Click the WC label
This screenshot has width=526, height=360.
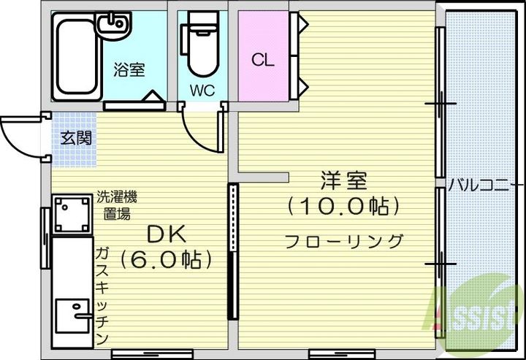tap(202, 91)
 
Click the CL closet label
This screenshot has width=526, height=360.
tap(263, 61)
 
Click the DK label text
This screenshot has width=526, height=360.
tap(167, 234)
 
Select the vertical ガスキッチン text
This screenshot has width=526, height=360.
tap(102, 296)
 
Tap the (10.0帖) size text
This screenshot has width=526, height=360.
tap(343, 207)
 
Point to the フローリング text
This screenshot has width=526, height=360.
tap(343, 240)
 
